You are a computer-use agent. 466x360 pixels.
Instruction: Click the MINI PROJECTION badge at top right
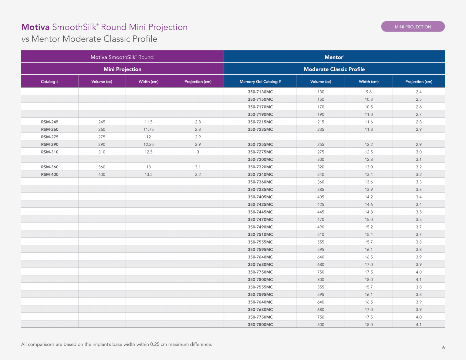click(413, 27)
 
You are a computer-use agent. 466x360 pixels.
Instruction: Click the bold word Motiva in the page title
click(35, 27)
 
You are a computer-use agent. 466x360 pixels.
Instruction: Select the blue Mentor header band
click(334, 57)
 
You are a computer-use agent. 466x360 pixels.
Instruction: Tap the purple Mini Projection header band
click(122, 69)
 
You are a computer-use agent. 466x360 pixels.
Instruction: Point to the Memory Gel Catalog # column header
click(260, 82)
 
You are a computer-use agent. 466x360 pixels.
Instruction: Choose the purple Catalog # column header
click(49, 82)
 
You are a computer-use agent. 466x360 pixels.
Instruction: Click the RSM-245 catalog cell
click(50, 122)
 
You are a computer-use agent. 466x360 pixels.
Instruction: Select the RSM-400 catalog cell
click(50, 174)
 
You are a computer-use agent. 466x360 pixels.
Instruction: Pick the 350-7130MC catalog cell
click(260, 92)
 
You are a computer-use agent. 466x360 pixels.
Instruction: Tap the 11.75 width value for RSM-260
click(148, 130)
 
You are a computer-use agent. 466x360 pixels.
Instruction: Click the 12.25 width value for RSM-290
click(148, 144)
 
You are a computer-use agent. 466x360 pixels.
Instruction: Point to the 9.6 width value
click(369, 92)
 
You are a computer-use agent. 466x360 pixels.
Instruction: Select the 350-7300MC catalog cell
click(260, 160)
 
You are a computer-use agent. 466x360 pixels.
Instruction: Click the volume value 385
click(321, 190)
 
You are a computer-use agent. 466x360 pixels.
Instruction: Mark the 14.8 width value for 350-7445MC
click(369, 212)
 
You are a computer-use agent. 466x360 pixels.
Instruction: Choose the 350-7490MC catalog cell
click(260, 227)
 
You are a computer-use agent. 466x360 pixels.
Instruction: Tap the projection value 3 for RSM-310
click(198, 152)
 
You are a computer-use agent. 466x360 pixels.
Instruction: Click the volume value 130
click(321, 92)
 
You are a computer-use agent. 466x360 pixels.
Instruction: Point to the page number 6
click(443, 348)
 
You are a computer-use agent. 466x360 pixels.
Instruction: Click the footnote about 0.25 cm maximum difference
click(116, 344)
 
